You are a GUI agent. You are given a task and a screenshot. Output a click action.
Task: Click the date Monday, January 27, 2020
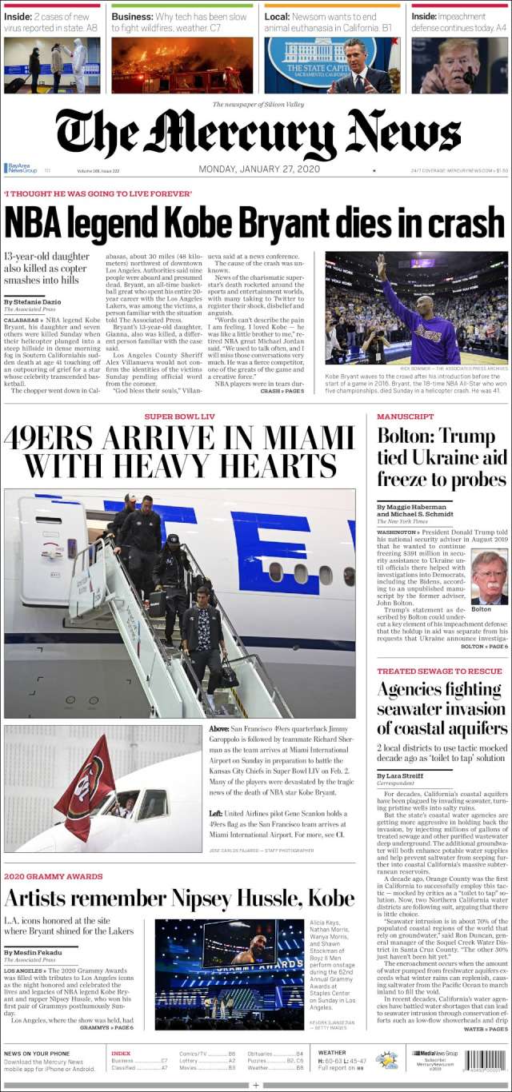coord(259,169)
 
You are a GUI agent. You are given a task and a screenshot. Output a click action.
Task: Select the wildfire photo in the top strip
coord(182,65)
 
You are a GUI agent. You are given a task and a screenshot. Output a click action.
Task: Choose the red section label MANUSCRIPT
coord(406,416)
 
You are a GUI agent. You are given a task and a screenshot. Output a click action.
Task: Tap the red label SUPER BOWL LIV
coord(180,416)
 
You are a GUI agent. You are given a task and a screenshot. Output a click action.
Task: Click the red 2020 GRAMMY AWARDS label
coord(54,876)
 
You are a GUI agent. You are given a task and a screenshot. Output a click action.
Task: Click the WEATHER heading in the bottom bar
coord(332,1053)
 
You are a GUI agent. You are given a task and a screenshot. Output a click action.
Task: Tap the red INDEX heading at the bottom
coord(121,1054)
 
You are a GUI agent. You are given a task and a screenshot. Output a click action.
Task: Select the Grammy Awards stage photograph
coord(229,974)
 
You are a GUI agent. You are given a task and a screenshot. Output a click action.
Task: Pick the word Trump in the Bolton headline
coord(467,436)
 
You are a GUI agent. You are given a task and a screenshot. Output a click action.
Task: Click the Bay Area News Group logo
coord(22,169)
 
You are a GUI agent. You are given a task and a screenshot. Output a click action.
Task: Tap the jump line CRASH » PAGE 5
coord(282,391)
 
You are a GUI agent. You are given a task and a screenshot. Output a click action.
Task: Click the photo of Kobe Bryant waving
coord(416,308)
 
